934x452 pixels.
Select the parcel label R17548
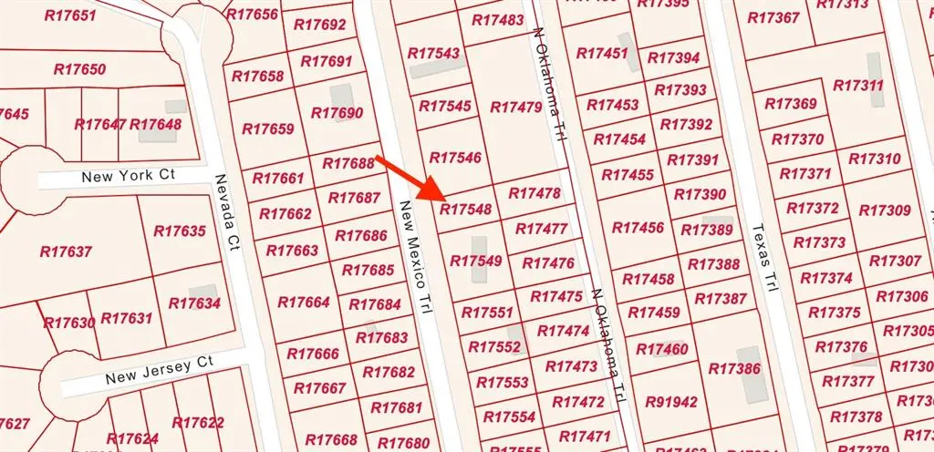point(466,209)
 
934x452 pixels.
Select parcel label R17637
point(67,251)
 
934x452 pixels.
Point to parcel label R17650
point(79,69)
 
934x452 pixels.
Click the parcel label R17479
point(516,107)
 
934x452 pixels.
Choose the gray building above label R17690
point(342,97)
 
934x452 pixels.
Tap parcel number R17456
point(638,227)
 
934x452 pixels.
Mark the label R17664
point(303,302)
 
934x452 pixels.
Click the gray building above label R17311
point(874,67)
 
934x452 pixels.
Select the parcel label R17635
point(180,231)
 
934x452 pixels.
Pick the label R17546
point(455,158)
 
